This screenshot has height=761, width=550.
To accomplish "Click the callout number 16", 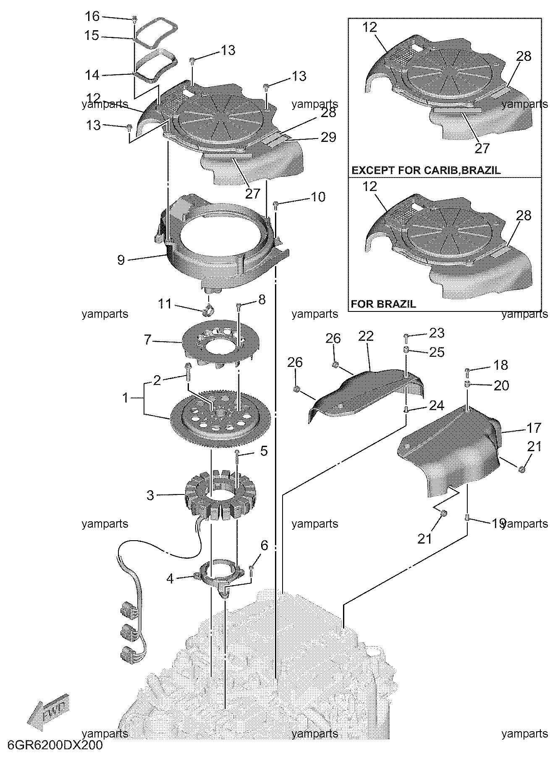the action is (92, 16).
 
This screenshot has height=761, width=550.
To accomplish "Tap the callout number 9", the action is (121, 260).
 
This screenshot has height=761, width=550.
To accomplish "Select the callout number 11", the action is (165, 303).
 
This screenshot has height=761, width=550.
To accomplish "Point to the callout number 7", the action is (147, 340).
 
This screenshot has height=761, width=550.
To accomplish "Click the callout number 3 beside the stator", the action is (150, 495).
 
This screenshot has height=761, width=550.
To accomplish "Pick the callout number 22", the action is (366, 336).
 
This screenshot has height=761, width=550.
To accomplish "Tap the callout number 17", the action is (534, 428).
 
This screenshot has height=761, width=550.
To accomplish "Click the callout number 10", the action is (318, 197).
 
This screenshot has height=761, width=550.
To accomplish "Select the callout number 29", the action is (328, 137).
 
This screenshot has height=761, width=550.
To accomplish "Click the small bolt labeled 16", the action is (135, 19).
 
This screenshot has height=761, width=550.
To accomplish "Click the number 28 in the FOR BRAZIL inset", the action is (524, 215).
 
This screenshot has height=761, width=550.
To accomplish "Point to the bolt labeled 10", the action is (276, 205).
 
